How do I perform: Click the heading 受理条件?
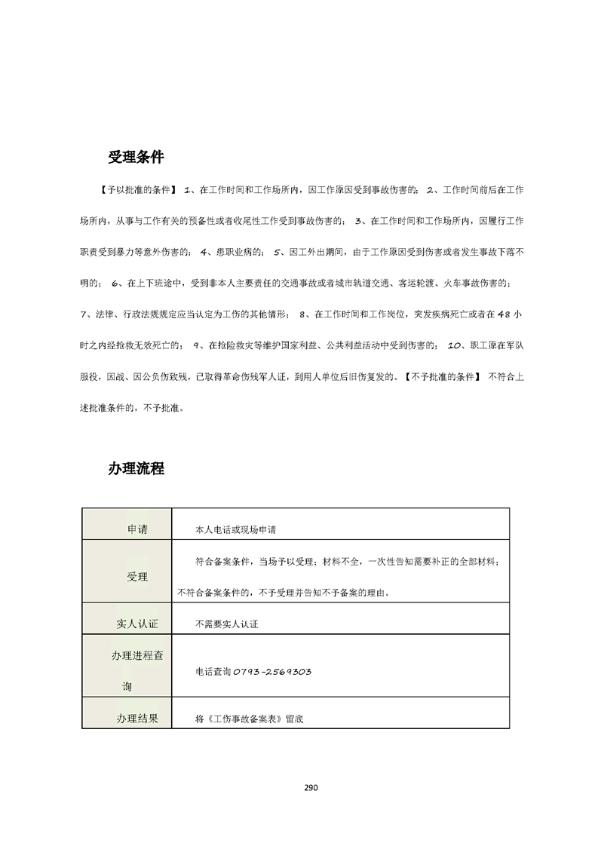click(136, 158)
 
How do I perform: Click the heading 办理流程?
click(136, 468)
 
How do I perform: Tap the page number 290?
click(311, 788)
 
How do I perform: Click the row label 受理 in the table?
click(137, 577)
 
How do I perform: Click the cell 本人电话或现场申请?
click(235, 530)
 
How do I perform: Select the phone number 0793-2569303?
click(273, 671)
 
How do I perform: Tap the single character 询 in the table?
click(127, 688)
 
